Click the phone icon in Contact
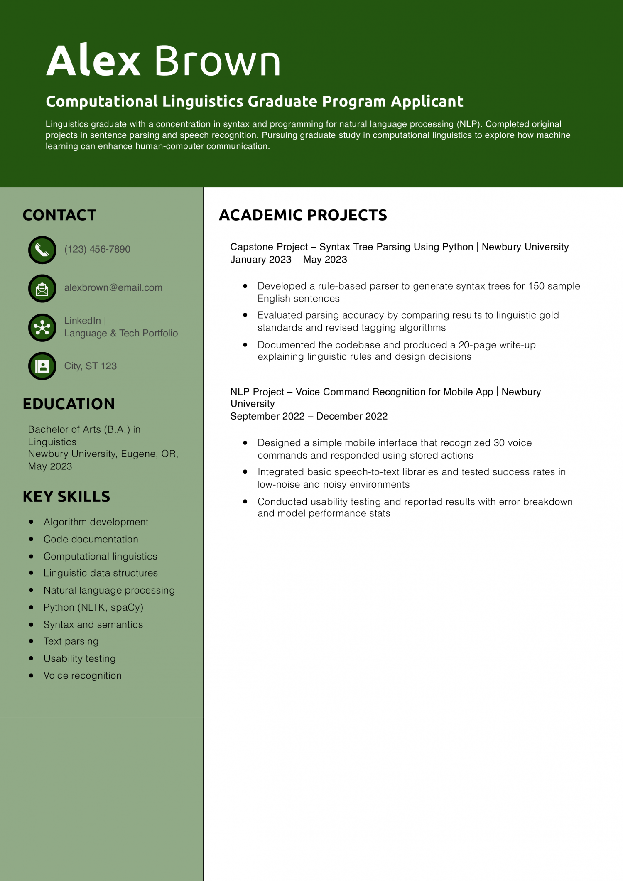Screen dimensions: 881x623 click(42, 250)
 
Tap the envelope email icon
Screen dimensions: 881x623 click(42, 288)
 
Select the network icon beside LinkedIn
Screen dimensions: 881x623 click(42, 327)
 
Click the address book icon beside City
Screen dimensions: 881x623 click(42, 366)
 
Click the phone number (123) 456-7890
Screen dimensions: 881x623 click(97, 249)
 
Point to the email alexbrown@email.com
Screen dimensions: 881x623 click(113, 287)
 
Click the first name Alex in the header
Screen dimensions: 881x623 click(93, 61)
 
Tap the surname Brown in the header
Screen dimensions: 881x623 click(217, 61)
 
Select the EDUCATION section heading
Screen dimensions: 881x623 click(69, 404)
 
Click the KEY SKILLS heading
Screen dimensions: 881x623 click(66, 496)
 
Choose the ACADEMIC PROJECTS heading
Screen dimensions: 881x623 click(303, 215)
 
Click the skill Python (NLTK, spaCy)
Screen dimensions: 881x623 click(93, 607)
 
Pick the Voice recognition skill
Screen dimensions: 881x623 click(83, 675)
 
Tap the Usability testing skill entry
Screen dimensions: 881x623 click(80, 658)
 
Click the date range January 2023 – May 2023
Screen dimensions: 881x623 click(289, 260)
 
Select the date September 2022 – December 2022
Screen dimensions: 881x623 click(309, 416)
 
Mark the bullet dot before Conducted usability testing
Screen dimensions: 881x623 click(245, 501)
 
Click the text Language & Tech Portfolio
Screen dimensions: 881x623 click(121, 333)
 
